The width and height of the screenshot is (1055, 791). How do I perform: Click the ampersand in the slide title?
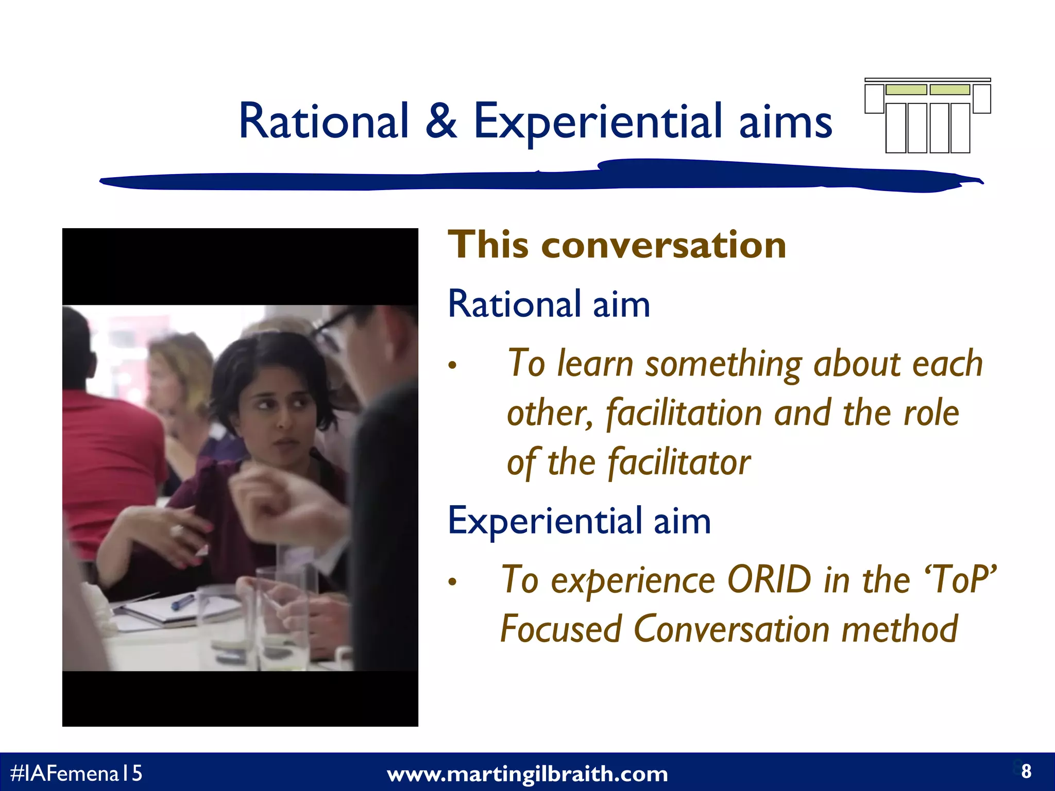click(x=441, y=122)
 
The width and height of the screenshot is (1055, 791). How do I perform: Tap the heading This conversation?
click(x=617, y=245)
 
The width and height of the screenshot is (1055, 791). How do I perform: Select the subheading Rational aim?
click(x=549, y=304)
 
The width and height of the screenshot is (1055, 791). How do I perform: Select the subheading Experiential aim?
click(x=579, y=521)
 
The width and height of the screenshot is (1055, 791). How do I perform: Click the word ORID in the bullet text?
click(x=769, y=580)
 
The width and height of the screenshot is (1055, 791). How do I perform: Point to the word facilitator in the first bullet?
click(x=678, y=462)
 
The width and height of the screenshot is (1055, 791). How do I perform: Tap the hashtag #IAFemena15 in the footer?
click(x=76, y=773)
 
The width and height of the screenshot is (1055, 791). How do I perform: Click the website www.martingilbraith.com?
click(x=527, y=774)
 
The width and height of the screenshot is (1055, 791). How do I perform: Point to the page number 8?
click(x=1026, y=771)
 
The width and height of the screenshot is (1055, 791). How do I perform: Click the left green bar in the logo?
click(x=906, y=90)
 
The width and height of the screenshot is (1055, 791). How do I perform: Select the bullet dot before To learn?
click(x=452, y=366)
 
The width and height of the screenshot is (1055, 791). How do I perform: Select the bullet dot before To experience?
click(x=452, y=582)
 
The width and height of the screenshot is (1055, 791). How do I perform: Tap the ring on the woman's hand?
click(x=177, y=530)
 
